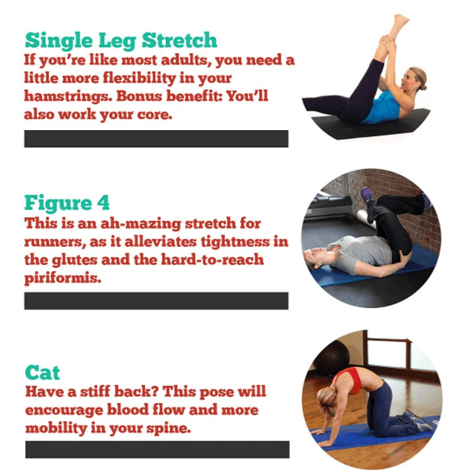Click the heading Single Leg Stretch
pyautogui.click(x=121, y=41)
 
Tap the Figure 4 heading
pyautogui.click(x=67, y=203)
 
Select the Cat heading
pyautogui.click(x=42, y=373)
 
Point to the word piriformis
pyautogui.click(x=62, y=278)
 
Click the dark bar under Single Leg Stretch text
pyautogui.click(x=156, y=139)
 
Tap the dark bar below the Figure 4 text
pyautogui.click(x=156, y=301)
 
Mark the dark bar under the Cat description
pyautogui.click(x=157, y=449)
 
